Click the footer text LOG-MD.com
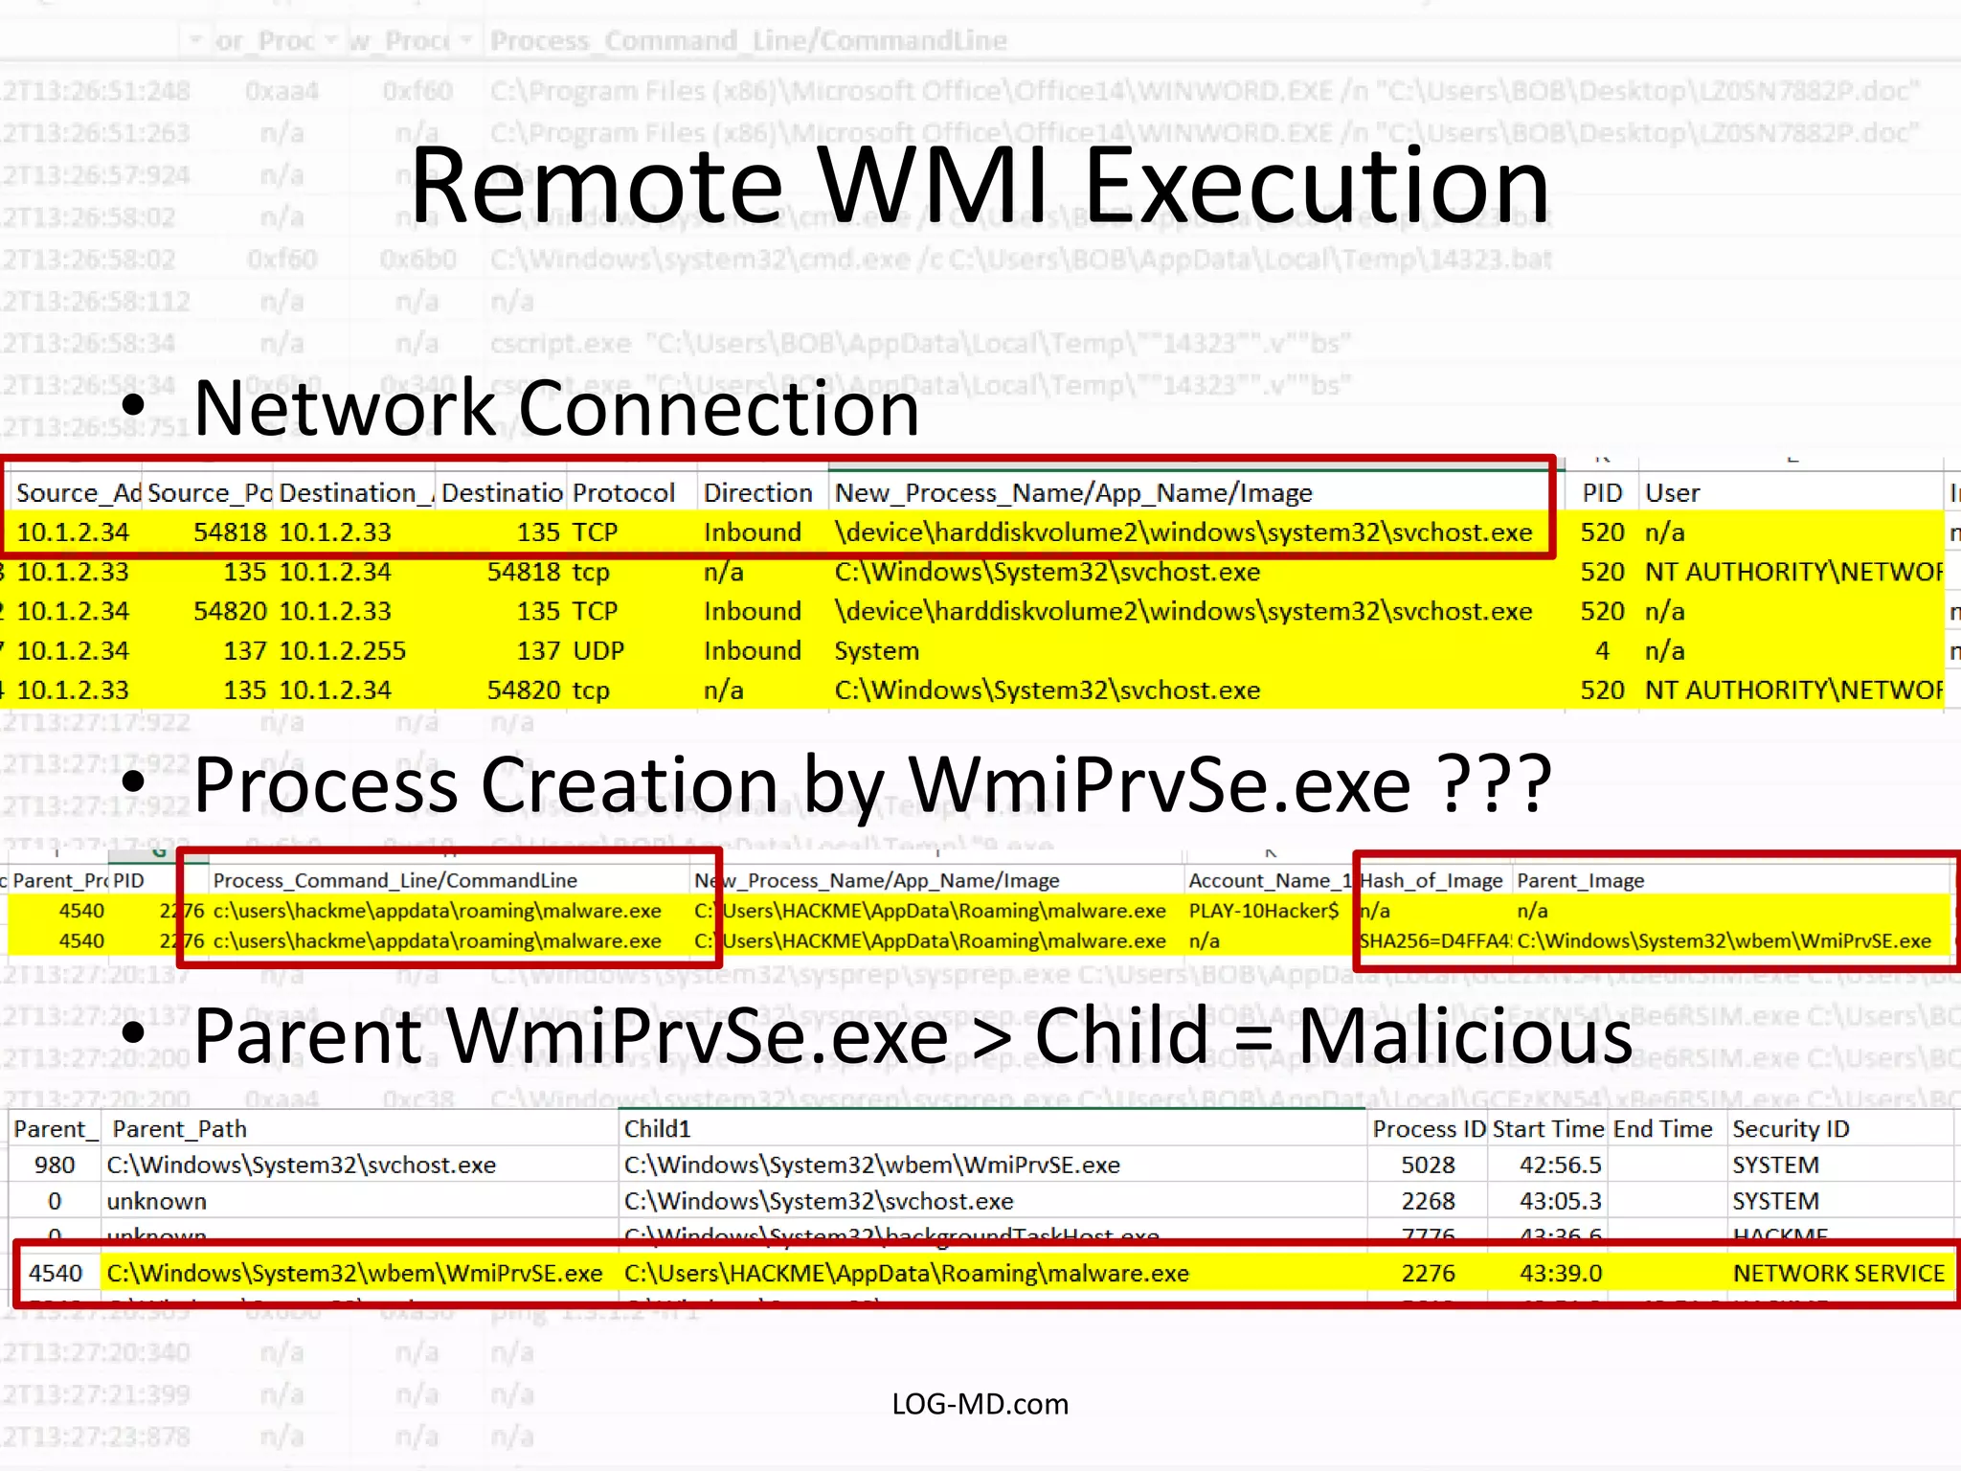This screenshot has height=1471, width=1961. click(x=980, y=1404)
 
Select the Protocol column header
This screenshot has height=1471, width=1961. click(x=623, y=493)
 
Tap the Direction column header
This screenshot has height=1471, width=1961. click(x=757, y=493)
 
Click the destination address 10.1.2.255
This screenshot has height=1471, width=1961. click(x=343, y=651)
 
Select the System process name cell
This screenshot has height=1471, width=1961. click(x=876, y=651)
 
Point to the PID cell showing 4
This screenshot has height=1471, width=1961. click(x=1602, y=651)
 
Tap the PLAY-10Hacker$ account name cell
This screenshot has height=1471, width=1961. click(x=1263, y=911)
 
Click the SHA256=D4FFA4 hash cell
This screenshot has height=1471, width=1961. click(x=1434, y=941)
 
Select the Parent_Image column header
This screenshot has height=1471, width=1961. click(x=1581, y=880)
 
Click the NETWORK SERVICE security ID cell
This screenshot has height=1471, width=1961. click(x=1837, y=1274)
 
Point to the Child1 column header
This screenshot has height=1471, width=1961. click(x=657, y=1129)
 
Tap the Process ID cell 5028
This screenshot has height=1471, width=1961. click(x=1428, y=1165)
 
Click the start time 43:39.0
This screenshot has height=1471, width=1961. click(x=1560, y=1274)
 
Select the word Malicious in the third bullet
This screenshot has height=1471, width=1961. click(x=1465, y=1036)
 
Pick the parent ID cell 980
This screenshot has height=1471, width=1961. click(x=55, y=1165)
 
